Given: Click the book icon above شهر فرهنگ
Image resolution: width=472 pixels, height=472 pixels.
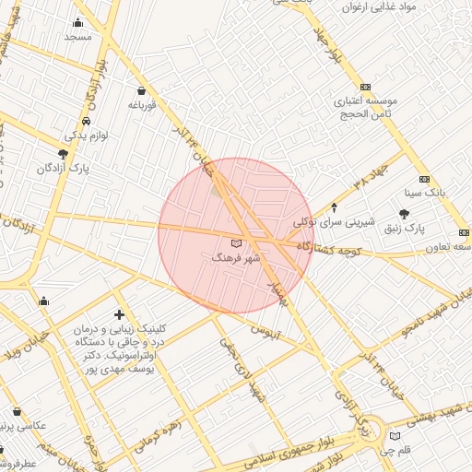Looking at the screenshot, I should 236,242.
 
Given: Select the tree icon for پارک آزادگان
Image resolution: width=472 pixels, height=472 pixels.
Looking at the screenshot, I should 63,154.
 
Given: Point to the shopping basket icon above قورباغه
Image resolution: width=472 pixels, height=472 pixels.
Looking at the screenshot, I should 141,90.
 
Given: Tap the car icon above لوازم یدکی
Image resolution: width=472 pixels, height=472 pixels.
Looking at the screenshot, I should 86,121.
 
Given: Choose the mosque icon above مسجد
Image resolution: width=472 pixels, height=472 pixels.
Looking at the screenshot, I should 77,23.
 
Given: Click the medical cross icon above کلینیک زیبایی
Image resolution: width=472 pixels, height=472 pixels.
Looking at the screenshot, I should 119,314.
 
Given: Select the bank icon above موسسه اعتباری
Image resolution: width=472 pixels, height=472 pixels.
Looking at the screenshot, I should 365,85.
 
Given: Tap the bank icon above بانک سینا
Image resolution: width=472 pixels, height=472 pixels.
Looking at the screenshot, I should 424,179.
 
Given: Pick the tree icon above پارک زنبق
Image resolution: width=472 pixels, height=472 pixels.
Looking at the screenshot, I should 404,214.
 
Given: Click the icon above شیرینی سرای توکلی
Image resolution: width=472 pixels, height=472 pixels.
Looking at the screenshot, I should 334,207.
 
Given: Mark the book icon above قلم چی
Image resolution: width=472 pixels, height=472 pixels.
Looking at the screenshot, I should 395,436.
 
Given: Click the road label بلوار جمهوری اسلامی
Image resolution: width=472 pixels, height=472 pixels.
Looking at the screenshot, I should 277,452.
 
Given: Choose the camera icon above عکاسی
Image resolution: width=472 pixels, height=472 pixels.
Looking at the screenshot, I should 17,411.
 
